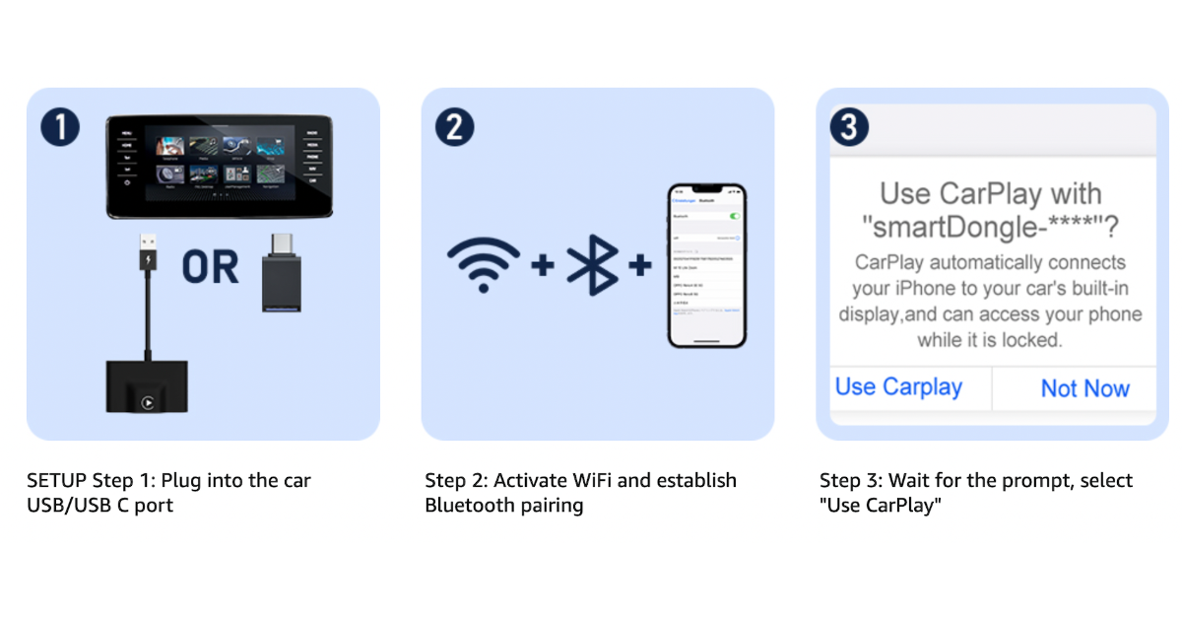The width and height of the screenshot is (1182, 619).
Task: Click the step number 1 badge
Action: [60, 127]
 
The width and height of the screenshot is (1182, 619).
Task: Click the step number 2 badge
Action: [454, 127]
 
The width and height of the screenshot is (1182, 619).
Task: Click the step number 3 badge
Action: [849, 127]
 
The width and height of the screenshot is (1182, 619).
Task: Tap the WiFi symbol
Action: [483, 265]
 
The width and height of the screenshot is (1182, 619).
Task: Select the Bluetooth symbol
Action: [592, 265]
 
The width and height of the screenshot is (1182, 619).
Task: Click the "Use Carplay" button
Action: [898, 386]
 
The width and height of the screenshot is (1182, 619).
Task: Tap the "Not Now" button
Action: [1084, 388]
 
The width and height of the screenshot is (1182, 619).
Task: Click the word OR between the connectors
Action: [210, 267]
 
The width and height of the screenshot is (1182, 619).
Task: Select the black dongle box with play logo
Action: [147, 387]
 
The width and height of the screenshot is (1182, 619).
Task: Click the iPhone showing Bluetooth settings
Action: [706, 266]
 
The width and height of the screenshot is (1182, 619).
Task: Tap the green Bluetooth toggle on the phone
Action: [733, 215]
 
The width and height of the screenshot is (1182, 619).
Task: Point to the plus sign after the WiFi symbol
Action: [543, 265]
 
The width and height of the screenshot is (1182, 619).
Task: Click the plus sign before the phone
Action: [640, 265]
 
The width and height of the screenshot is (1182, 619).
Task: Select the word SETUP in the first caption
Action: [56, 481]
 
